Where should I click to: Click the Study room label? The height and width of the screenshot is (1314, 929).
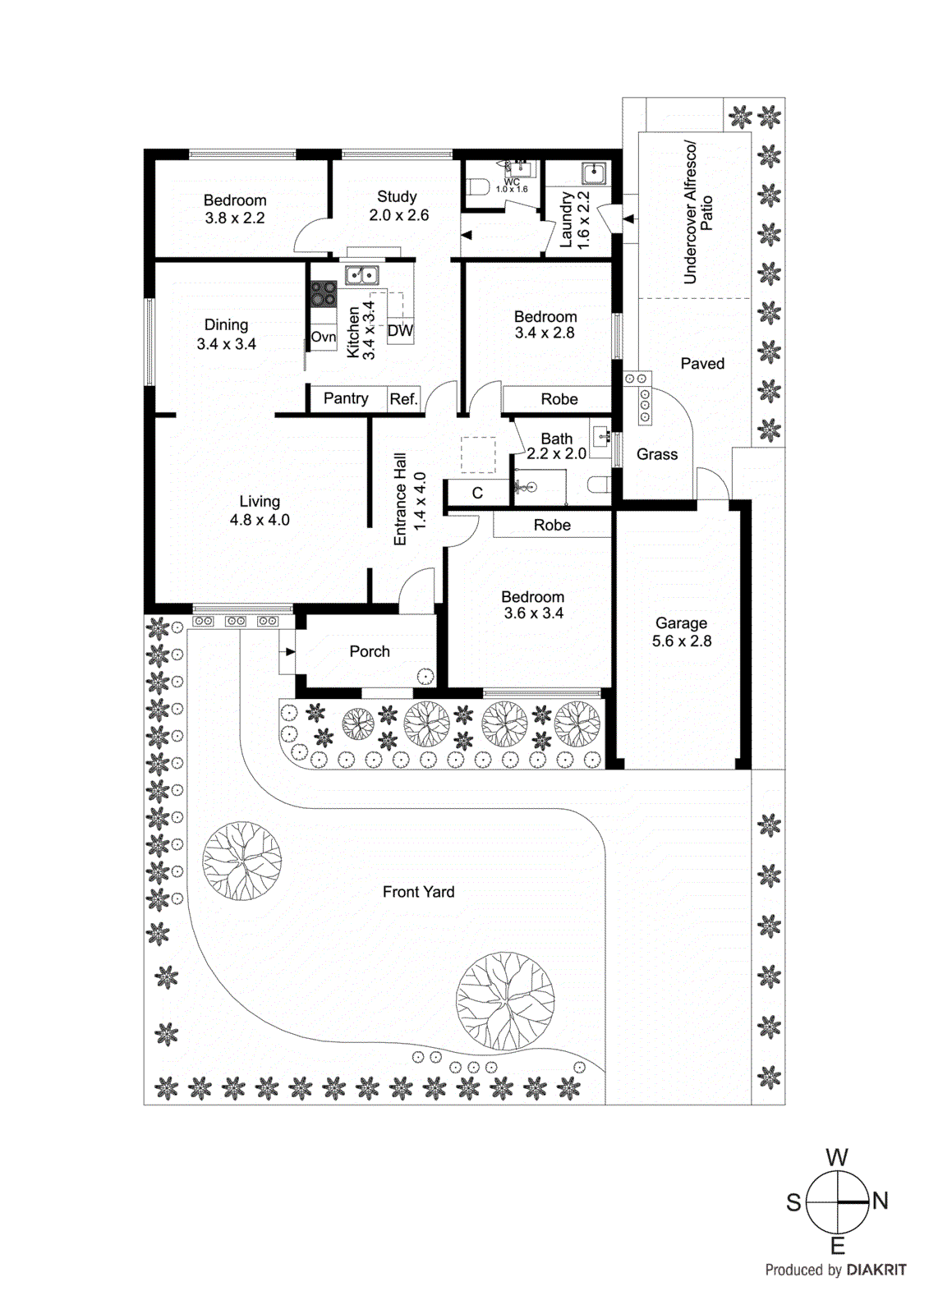pos(397,197)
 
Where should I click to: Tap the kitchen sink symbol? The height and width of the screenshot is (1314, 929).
pos(361,275)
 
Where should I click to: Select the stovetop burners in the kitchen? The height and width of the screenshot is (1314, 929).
pos(323,294)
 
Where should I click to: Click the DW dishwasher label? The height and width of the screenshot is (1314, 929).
pos(400,331)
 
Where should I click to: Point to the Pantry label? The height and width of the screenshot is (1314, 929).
pos(345,398)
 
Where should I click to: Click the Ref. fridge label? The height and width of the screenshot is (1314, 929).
pos(403,399)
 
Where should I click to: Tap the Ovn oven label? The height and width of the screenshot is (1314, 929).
pos(323,337)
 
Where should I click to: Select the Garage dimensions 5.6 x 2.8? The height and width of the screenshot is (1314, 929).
pos(681,641)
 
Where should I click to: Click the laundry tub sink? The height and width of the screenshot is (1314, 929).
pos(594,173)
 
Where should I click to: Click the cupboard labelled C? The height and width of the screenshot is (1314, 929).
pos(477,494)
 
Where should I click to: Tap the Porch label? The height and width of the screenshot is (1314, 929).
pos(370,651)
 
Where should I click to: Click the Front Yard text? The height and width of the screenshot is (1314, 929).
pos(418,892)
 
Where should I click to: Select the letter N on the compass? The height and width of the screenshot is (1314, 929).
pos(881,1201)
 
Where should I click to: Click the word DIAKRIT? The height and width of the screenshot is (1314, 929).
pos(876,1270)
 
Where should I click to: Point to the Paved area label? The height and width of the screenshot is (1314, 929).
pos(702,364)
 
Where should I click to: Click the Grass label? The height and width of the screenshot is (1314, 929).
pos(657,454)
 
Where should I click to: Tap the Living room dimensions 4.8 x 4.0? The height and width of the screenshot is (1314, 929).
pos(260,520)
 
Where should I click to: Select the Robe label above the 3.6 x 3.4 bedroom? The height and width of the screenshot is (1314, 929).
pos(552,525)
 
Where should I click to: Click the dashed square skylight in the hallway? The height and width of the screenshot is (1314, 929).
pos(478,455)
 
